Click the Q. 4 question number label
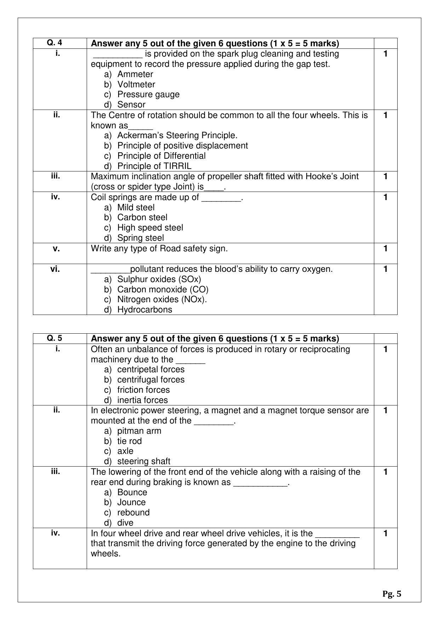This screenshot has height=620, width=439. click(x=54, y=43)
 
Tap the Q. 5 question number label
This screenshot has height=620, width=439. click(x=54, y=338)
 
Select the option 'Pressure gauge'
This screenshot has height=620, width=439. click(x=148, y=94)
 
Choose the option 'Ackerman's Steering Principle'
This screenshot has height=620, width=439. click(x=177, y=135)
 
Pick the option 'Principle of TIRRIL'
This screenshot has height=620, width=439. click(x=154, y=166)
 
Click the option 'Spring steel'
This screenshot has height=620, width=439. click(x=140, y=238)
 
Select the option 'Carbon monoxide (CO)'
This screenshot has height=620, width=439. click(x=163, y=289)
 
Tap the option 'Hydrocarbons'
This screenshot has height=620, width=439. click(x=145, y=310)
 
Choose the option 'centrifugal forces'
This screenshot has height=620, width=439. click(x=151, y=380)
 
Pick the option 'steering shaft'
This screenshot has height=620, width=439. click(x=144, y=461)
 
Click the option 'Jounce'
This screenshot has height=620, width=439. click(x=131, y=502)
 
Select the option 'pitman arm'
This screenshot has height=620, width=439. click(x=139, y=431)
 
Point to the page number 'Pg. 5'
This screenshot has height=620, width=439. click(x=392, y=594)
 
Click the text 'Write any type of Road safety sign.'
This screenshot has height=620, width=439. click(x=159, y=248)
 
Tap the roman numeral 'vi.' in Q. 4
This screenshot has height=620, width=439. click(x=55, y=269)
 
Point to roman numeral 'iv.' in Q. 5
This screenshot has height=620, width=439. click(x=55, y=533)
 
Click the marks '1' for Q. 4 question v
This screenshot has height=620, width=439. click(x=385, y=248)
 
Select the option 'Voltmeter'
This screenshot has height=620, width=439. click(x=136, y=84)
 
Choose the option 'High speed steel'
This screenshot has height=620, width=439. click(x=150, y=228)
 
